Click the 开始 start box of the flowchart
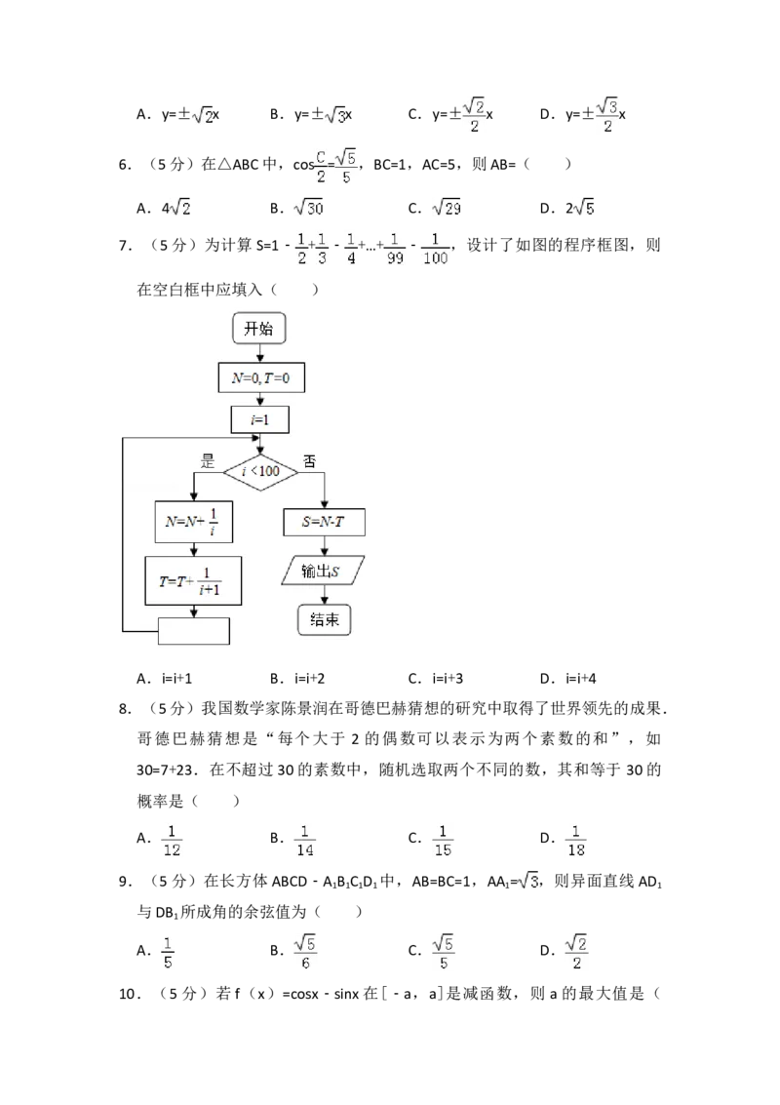pyautogui.click(x=259, y=330)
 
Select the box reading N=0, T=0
pyautogui.click(x=260, y=378)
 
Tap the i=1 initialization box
pyautogui.click(x=259, y=419)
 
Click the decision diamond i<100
pyautogui.click(x=259, y=472)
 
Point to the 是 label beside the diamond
pyautogui.click(x=207, y=461)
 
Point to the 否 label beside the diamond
pyautogui.click(x=309, y=461)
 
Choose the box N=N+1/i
pyautogui.click(x=192, y=523)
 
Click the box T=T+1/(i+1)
pyautogui.click(x=193, y=581)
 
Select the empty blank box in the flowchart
pyautogui.click(x=193, y=631)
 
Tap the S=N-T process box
pyautogui.click(x=324, y=523)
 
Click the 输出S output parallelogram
pyautogui.click(x=323, y=571)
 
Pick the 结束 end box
pyautogui.click(x=323, y=620)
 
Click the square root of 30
pyautogui.click(x=307, y=208)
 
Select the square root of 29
pyautogui.click(x=448, y=208)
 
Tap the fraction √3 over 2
pyautogui.click(x=607, y=116)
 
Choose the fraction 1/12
pyautogui.click(x=172, y=840)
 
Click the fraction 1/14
pyautogui.click(x=304, y=840)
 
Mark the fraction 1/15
pyautogui.click(x=444, y=840)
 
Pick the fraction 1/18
pyautogui.click(x=577, y=840)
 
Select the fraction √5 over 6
pyautogui.click(x=304, y=952)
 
